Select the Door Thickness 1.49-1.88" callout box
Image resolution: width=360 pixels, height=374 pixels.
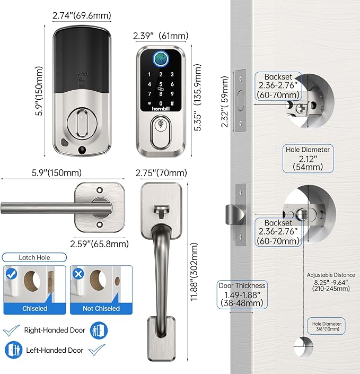(242, 295)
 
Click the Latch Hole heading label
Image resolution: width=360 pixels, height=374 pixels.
(35, 257)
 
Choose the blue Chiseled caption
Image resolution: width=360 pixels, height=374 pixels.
(35, 308)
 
